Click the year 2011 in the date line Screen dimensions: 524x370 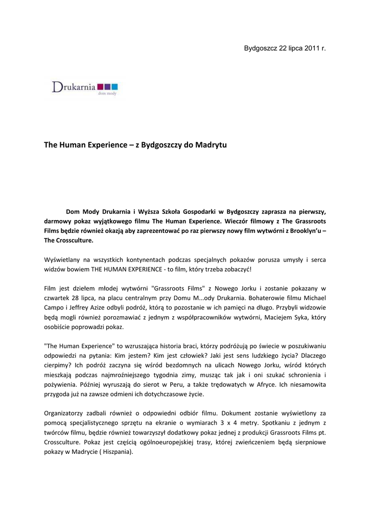coord(312,48)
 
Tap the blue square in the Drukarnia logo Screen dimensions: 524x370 coord(114,86)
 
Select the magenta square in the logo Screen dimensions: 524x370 coord(100,86)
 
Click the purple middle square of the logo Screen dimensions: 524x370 coord(107,86)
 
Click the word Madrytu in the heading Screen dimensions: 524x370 coord(210,145)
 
